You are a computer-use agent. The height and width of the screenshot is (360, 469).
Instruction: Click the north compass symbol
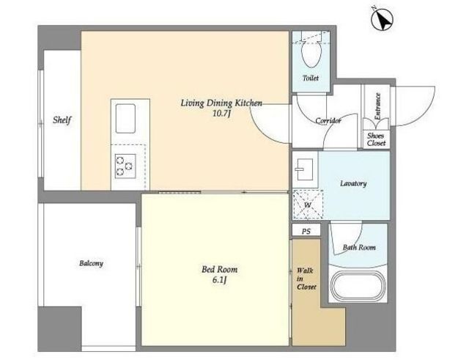click(x=383, y=19)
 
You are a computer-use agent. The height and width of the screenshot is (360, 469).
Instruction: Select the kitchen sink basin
click(x=125, y=119)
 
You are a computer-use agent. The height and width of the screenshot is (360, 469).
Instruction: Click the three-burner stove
click(x=125, y=166)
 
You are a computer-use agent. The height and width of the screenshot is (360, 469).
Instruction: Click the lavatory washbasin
click(x=305, y=169)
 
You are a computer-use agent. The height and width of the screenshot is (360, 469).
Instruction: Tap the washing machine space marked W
click(x=308, y=205)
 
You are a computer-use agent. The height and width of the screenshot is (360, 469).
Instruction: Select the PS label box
click(x=306, y=231)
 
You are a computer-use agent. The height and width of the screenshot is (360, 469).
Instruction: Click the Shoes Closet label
click(x=376, y=139)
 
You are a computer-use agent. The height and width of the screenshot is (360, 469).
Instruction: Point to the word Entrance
click(x=378, y=106)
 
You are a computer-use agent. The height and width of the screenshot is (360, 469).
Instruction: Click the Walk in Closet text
click(x=306, y=279)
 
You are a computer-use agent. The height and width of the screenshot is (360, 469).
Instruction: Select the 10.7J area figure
click(x=221, y=114)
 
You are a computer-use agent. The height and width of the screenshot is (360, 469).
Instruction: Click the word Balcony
click(x=91, y=264)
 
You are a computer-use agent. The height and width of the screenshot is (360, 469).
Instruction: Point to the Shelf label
click(x=62, y=120)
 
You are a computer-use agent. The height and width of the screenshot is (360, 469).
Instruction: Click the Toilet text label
click(x=311, y=78)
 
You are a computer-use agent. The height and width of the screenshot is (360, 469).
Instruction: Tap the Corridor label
click(x=328, y=121)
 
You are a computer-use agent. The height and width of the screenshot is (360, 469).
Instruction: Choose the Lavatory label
click(x=353, y=183)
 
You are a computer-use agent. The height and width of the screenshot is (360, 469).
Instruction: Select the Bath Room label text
click(x=359, y=248)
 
